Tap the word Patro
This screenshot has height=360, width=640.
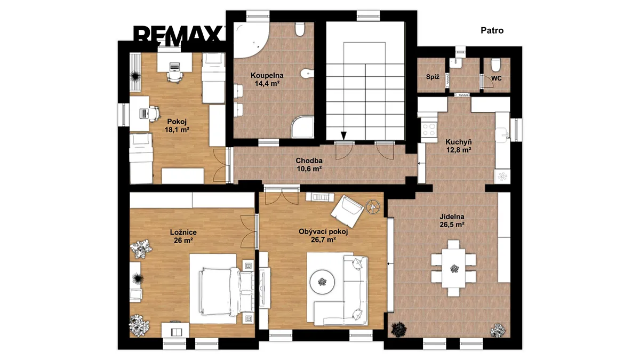492,30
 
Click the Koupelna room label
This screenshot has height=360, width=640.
267,75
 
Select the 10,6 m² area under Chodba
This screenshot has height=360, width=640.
309,169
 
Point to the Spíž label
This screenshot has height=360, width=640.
433,77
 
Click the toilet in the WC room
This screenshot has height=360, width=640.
495,65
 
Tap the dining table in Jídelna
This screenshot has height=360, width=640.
453,268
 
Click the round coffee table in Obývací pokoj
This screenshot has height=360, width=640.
323,282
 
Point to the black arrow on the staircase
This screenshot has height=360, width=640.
343,135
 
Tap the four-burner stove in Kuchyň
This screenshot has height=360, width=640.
429,130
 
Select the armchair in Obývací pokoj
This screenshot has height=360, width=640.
347,211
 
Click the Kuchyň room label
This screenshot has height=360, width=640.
459,142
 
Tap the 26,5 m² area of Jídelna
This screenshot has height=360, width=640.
452,225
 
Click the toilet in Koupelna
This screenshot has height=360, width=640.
299,29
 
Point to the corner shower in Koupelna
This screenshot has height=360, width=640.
302,127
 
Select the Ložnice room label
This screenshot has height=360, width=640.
183,233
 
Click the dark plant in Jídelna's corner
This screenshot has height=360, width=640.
398,329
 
